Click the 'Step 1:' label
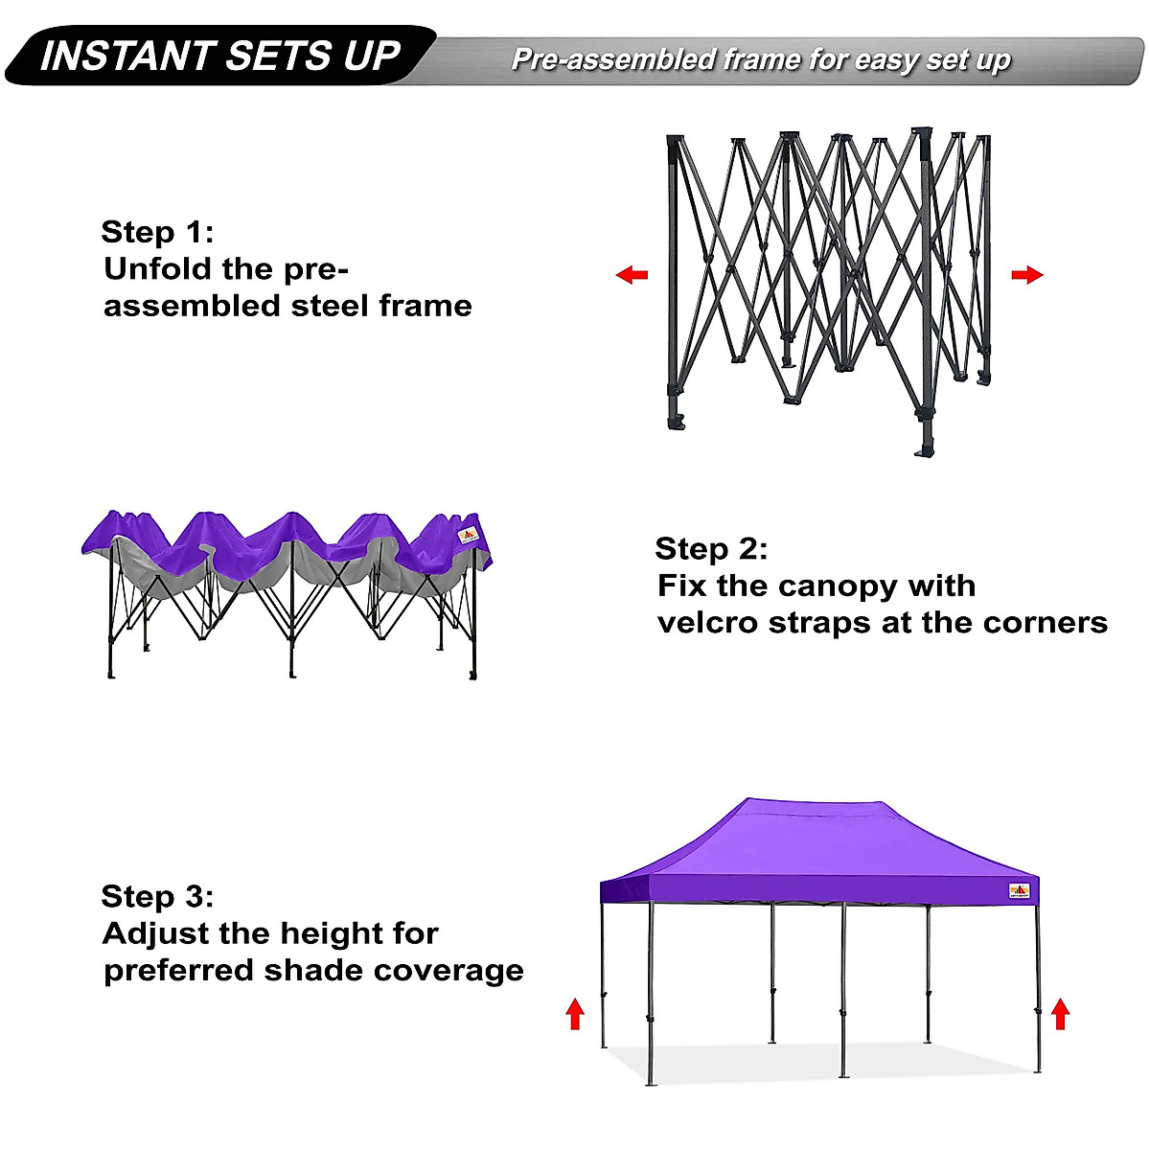[157, 232]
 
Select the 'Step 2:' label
[711, 549]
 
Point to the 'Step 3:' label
[157, 897]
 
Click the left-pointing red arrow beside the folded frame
[632, 276]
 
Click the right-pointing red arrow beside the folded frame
[1026, 276]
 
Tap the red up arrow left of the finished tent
[575, 1013]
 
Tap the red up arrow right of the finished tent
[1060, 1013]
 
